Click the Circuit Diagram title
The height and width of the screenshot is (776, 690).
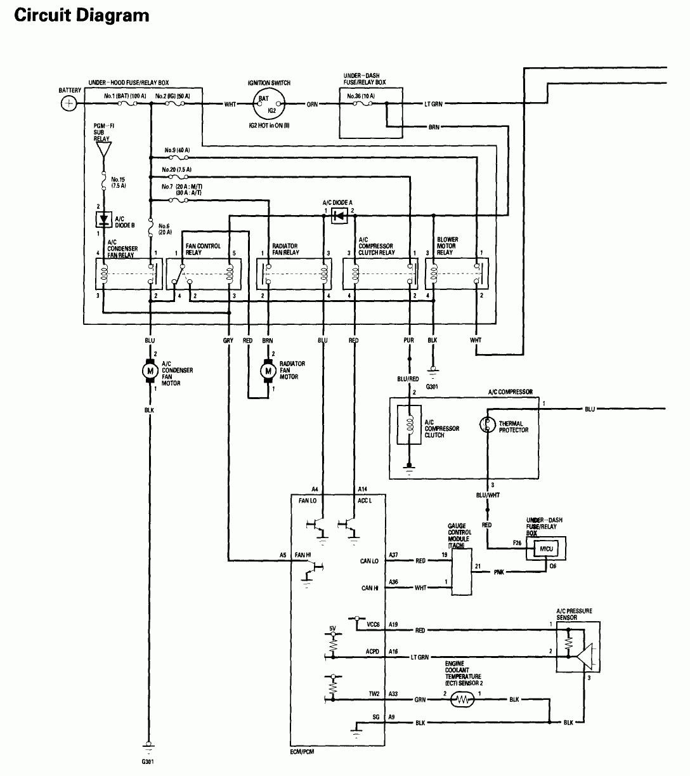point(82,15)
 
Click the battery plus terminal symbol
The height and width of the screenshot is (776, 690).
point(70,103)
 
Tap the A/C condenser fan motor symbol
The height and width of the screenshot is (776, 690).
point(150,371)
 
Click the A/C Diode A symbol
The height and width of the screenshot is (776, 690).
point(338,216)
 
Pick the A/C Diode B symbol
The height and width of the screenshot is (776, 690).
point(103,220)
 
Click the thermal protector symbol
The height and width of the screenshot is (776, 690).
point(488,424)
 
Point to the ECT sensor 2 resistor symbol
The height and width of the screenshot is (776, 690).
point(462,700)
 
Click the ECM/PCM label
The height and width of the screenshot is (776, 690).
point(304,752)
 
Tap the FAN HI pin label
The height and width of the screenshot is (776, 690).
point(303,555)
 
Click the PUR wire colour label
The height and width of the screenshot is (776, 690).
point(409,341)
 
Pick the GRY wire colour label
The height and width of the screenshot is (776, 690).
point(228,341)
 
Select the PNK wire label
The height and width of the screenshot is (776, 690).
point(500,572)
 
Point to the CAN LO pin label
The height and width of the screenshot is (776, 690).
point(370,561)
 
